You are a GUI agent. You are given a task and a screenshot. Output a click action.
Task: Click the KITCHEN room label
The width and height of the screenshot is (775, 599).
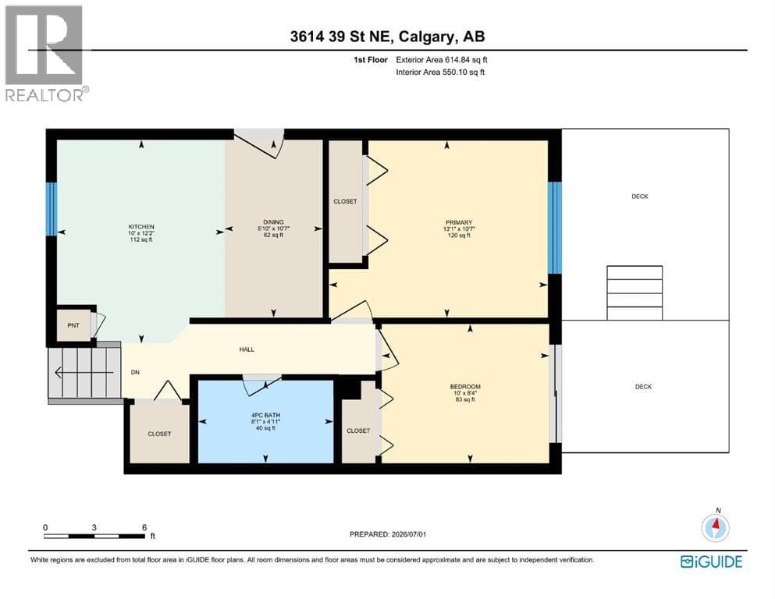click(141, 227)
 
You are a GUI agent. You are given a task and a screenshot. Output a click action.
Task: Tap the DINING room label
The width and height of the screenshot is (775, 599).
click(273, 222)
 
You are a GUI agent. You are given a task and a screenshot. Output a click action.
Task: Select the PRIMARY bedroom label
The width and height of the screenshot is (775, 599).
click(459, 223)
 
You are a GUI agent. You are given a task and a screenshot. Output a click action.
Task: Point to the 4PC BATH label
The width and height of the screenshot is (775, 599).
click(266, 415)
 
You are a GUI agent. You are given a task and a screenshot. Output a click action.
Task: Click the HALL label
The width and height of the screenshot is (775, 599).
click(247, 349)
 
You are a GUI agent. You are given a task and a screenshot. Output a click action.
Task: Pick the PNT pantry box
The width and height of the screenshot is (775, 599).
click(73, 325)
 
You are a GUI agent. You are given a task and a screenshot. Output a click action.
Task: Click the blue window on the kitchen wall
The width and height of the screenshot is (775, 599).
click(52, 209)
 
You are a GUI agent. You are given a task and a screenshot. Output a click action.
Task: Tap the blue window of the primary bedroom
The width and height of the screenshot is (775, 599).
click(555, 228)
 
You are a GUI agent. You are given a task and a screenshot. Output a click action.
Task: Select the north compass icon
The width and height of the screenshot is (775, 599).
click(715, 526)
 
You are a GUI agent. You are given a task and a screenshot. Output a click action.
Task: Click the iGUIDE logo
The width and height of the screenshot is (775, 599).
click(711, 562)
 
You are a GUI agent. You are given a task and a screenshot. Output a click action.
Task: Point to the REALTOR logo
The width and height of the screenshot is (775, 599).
click(47, 53)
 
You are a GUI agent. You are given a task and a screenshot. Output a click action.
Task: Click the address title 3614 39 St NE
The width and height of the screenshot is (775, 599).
click(342, 37)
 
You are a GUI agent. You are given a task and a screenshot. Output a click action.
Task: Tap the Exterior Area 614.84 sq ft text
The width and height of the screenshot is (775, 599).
click(442, 60)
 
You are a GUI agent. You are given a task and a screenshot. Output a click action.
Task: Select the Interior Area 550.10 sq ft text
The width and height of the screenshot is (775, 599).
click(440, 72)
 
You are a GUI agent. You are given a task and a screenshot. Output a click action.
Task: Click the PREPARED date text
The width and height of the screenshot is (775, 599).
click(387, 534)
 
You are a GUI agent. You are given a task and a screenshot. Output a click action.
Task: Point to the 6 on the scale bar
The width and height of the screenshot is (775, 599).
click(144, 527)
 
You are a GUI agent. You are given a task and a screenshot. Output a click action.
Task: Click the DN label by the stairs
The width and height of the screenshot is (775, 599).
click(135, 372)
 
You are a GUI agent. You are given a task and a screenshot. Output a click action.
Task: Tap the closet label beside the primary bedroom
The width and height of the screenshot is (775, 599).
click(345, 201)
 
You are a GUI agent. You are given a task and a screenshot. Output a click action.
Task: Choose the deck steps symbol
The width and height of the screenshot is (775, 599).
click(635, 292)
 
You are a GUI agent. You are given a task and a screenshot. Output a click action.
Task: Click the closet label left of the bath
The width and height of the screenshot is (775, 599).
click(160, 434)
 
